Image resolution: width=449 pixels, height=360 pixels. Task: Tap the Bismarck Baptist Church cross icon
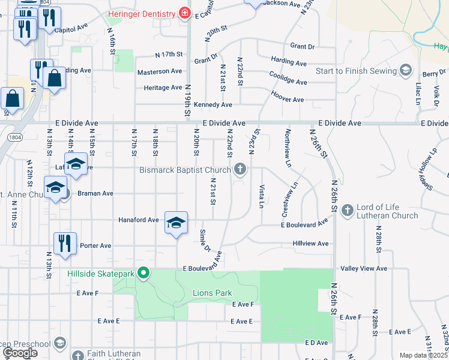240,170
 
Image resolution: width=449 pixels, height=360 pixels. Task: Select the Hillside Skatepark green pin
143,274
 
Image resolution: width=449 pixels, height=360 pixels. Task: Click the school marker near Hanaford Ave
175,223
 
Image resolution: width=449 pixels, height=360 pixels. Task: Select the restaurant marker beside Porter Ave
64,243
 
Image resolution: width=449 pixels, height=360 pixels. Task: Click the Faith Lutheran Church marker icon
77,354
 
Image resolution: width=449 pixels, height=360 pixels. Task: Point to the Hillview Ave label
310,244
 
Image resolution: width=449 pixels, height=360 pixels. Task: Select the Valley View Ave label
365,269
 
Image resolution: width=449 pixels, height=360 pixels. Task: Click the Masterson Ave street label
160,71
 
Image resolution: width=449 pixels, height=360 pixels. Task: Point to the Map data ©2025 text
423,355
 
